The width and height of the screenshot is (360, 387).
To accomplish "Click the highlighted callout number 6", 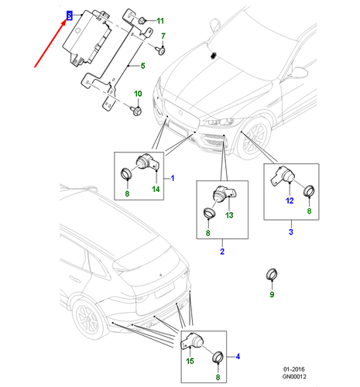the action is tap(69, 15).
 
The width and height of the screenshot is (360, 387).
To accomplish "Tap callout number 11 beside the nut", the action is tap(160, 21).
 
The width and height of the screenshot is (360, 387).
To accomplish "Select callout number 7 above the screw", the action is tap(163, 36).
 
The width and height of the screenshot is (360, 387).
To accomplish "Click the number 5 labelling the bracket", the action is tap(142, 66).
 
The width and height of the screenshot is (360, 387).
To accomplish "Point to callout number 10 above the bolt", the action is tap(138, 94).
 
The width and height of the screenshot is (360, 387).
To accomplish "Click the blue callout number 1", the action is tap(173, 178).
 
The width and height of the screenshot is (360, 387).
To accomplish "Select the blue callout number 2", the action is tap(222, 252).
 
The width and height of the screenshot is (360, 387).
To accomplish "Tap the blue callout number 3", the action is tap(291, 231).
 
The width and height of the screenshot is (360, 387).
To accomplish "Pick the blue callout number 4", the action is tap(238, 357).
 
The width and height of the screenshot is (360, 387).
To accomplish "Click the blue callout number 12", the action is tap(290, 200).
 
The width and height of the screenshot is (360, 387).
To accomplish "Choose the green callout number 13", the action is tap(229, 215).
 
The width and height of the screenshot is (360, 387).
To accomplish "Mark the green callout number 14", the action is tap(156, 190).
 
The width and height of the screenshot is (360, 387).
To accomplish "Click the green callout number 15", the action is tap(190, 361).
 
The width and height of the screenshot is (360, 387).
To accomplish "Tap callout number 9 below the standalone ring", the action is tap(272, 294).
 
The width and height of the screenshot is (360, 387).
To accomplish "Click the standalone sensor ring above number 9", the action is tap(272, 275).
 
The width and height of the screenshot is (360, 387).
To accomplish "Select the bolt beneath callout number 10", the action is tap(136, 111).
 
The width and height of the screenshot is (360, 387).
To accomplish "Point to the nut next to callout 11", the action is tap(142, 20).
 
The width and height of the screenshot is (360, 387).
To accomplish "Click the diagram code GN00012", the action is tap(294, 377).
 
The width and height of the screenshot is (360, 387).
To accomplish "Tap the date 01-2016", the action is tap(294, 369).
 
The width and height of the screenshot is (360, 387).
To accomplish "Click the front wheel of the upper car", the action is tap(254, 139).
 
